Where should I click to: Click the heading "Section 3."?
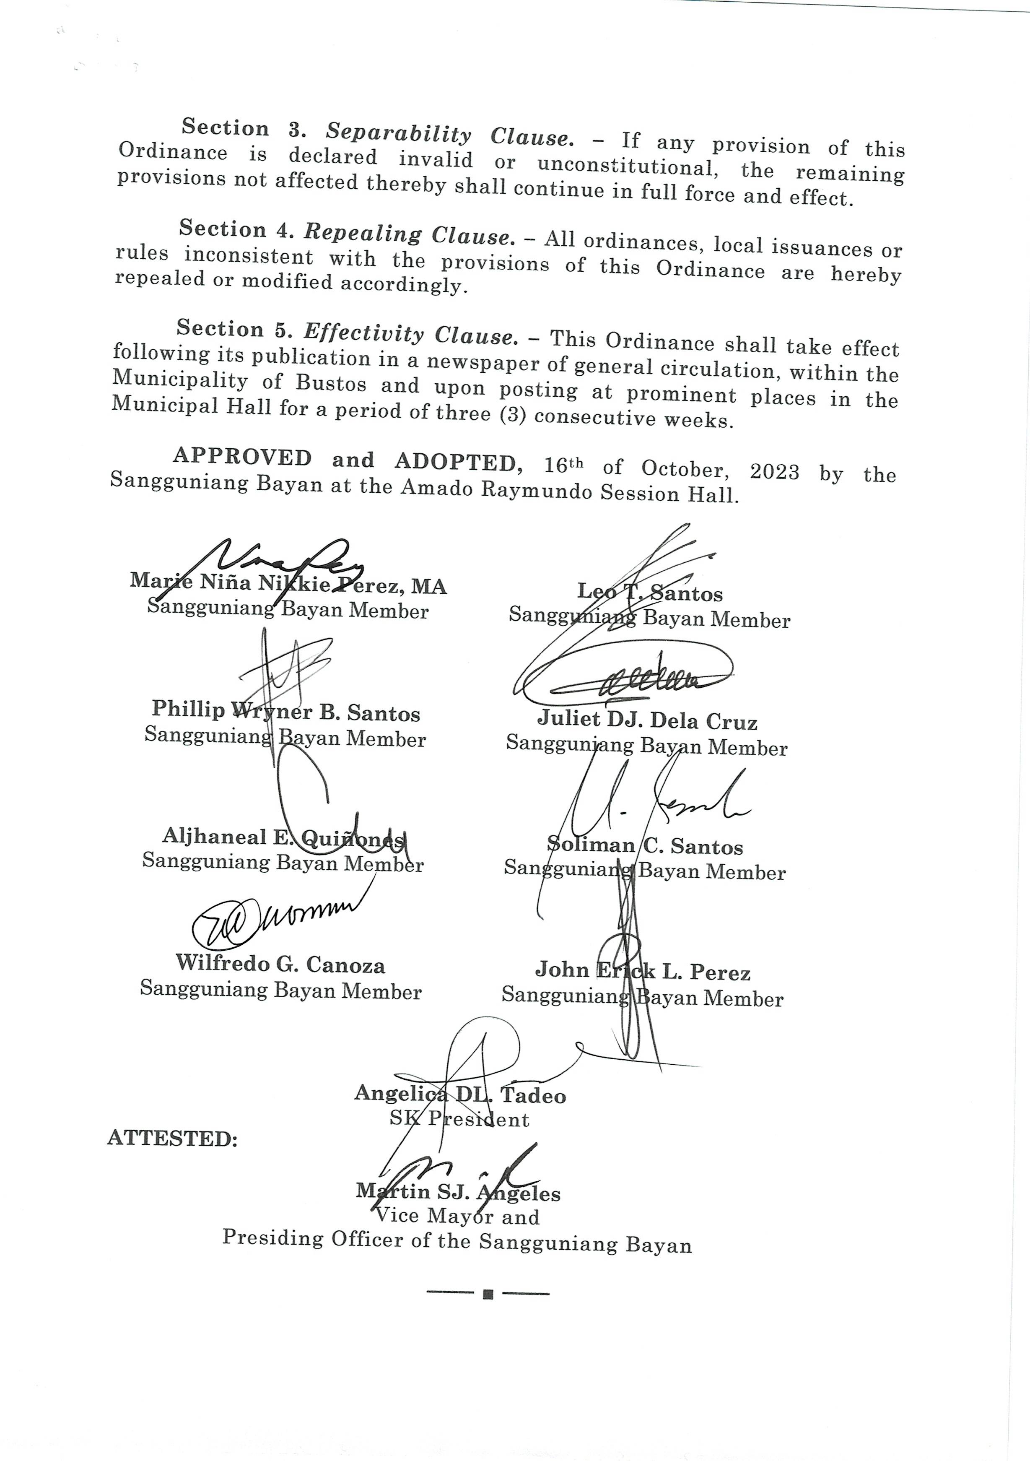[x=244, y=128]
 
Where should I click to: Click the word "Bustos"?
[x=331, y=384]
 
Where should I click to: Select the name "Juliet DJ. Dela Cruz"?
[x=647, y=720]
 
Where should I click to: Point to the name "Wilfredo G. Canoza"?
[x=280, y=964]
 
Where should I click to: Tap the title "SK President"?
[x=459, y=1119]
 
